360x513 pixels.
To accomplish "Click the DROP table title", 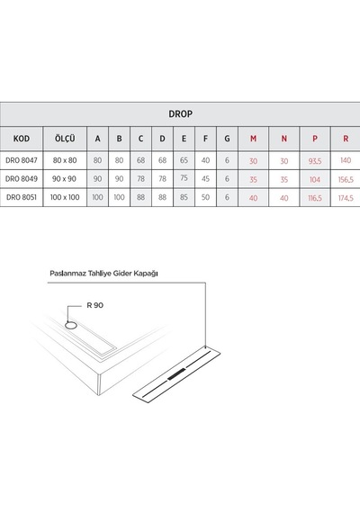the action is (x=180, y=114).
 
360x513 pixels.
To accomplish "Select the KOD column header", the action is (x=22, y=139).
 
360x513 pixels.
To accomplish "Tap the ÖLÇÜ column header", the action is (x=65, y=138).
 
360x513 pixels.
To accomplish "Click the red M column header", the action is (x=253, y=139).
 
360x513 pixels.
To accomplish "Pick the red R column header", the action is (x=346, y=139).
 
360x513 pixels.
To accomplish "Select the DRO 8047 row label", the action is (x=22, y=160).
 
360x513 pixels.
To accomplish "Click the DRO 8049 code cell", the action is (x=22, y=178).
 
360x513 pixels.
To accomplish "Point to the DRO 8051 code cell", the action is (x=22, y=197).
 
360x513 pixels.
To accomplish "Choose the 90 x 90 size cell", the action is (x=65, y=178).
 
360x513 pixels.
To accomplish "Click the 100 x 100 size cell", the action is (x=65, y=197).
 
